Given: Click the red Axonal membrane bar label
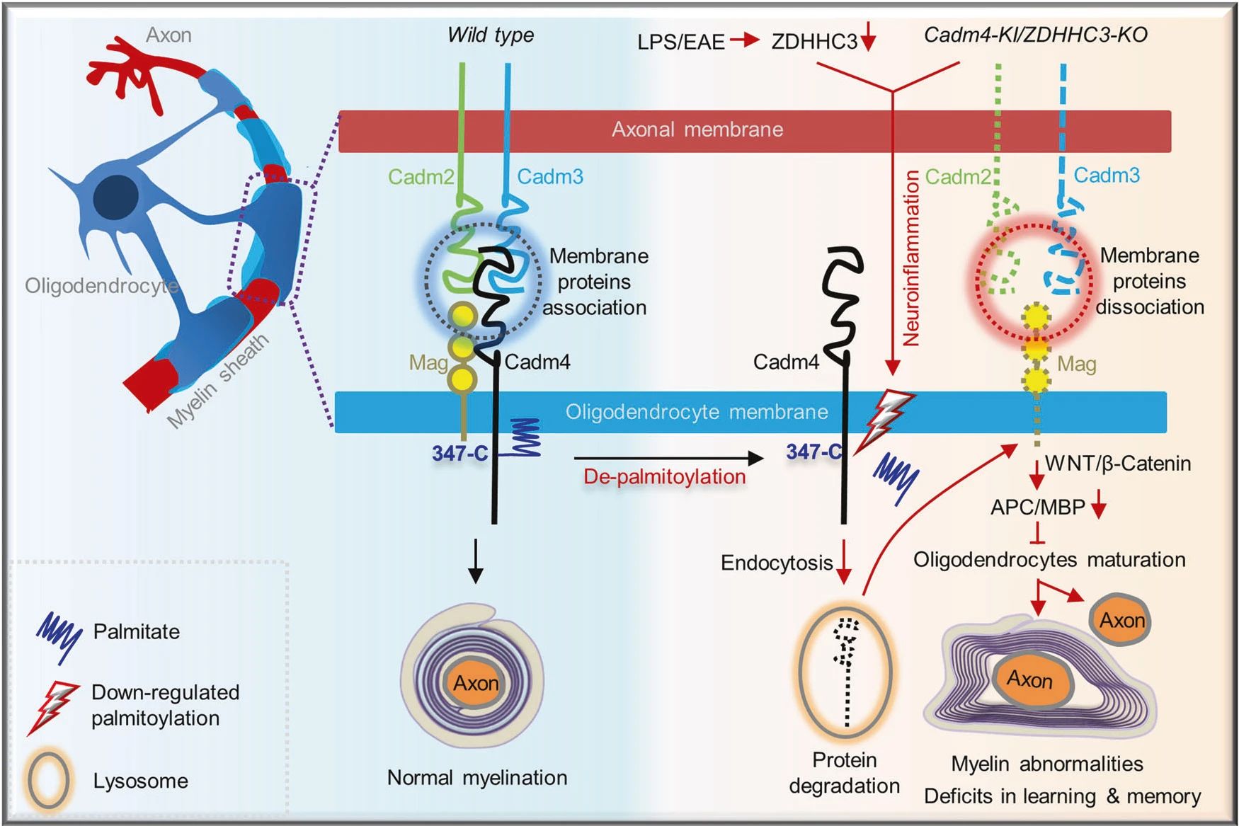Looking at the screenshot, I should pyautogui.click(x=697, y=130).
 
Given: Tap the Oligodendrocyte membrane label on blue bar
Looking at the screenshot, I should pyautogui.click(x=696, y=412).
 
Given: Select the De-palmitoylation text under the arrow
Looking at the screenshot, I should pyautogui.click(x=664, y=477).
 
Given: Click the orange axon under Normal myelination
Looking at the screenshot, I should pyautogui.click(x=475, y=683).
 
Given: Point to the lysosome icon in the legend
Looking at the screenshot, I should pyautogui.click(x=48, y=781).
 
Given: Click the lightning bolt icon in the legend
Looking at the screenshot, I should pyautogui.click(x=51, y=706).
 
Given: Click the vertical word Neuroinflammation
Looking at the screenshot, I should pyautogui.click(x=910, y=258).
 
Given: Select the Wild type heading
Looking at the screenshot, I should pyautogui.click(x=491, y=35).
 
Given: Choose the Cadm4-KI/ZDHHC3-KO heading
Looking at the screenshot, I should pyautogui.click(x=1035, y=35).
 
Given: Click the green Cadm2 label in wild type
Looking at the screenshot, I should pyautogui.click(x=421, y=177).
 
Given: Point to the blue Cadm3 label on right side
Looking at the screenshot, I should pyautogui.click(x=1107, y=176).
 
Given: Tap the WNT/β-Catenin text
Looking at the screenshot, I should pyautogui.click(x=1118, y=464).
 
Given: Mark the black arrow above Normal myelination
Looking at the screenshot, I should pyautogui.click(x=476, y=561).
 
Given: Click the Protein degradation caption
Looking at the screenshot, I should pyautogui.click(x=844, y=773).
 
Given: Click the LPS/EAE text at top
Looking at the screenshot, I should pyautogui.click(x=680, y=42).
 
